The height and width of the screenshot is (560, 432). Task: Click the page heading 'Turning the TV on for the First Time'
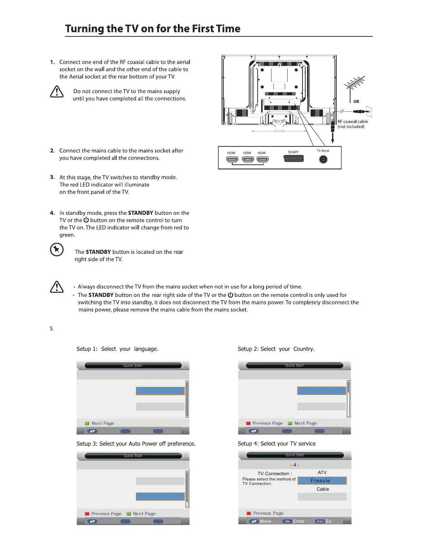tap(152, 29)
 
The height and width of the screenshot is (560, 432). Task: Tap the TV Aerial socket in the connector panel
tap(323, 159)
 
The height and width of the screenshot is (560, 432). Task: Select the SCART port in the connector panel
tap(293, 159)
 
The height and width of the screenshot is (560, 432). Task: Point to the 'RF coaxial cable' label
tap(353, 122)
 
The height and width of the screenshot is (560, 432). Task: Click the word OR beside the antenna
tap(356, 101)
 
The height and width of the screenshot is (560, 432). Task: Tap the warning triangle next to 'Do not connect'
tap(57, 93)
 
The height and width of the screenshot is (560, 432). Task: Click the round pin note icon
tap(57, 250)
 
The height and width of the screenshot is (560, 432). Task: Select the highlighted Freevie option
tap(322, 481)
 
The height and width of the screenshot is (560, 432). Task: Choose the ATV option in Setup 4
tap(322, 472)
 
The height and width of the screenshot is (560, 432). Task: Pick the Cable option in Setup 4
tap(323, 489)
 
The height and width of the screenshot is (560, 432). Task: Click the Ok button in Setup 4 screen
tap(287, 521)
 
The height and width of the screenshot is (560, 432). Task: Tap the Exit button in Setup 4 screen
tap(320, 521)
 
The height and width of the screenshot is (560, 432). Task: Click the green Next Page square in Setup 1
tap(87, 423)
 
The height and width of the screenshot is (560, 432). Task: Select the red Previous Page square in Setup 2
tap(248, 423)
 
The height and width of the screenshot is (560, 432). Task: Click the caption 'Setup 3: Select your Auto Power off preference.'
tap(136, 444)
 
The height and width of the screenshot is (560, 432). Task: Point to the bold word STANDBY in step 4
tap(140, 213)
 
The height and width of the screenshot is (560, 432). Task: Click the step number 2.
tap(52, 151)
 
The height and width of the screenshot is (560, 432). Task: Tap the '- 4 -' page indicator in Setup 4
tap(295, 465)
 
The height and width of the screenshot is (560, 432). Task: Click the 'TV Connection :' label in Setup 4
tap(275, 474)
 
